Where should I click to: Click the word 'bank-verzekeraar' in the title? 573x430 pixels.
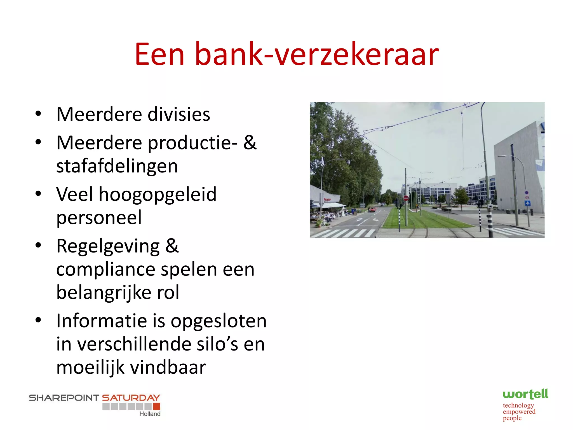[x=317, y=54]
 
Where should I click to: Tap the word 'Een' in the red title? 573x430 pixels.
[x=159, y=54]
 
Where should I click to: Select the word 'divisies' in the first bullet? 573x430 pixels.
[x=179, y=114]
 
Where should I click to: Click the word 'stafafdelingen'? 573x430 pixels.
[x=117, y=166]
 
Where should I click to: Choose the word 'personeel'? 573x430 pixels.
[x=99, y=218]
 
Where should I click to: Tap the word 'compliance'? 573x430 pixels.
[x=105, y=270]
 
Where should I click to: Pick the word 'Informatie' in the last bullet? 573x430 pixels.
[x=102, y=321]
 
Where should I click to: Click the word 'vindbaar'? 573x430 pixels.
[x=168, y=367]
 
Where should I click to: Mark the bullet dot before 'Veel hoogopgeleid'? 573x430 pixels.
[x=38, y=193]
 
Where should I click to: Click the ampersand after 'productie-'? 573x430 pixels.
[x=250, y=142]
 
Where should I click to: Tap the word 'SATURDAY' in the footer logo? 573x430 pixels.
[x=131, y=398]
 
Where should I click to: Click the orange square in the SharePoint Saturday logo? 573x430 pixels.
[x=157, y=406]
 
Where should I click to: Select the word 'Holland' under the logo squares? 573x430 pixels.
[x=150, y=414]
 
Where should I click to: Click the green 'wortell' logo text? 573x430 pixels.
[x=525, y=394]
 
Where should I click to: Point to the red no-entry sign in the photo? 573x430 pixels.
[x=406, y=198]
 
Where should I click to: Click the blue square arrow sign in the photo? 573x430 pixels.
[x=527, y=204]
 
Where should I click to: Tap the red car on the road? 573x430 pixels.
[x=372, y=209]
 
